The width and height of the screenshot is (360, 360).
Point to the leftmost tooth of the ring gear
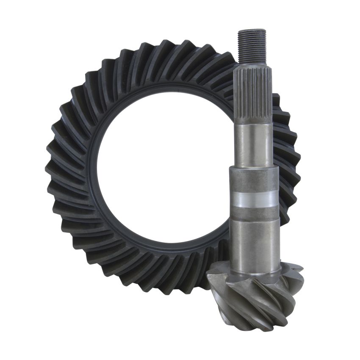tap(52, 169)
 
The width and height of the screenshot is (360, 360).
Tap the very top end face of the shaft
tap(252, 30)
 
